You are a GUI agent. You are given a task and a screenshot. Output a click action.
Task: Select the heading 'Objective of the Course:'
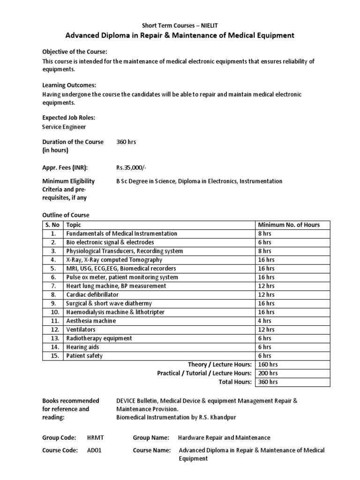[x=75, y=52]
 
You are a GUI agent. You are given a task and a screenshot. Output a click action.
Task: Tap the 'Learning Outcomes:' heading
[x=69, y=85]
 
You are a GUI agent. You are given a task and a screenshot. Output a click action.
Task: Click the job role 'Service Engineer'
[x=64, y=127]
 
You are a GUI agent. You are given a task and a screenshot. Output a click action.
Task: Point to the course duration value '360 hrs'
[x=126, y=142]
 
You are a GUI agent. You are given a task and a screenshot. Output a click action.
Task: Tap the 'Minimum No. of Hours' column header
[x=289, y=225]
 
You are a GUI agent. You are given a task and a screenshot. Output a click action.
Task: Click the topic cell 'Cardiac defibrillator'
[x=92, y=295]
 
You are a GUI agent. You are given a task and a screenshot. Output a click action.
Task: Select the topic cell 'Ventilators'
[x=80, y=330]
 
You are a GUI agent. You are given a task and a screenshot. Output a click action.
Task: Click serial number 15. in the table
[x=54, y=356]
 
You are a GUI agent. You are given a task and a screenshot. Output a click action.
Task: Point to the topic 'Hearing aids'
[x=83, y=347]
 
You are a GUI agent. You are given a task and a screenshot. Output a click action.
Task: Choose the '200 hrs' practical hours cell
[x=268, y=373]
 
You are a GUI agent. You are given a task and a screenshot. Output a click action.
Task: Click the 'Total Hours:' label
[x=236, y=382]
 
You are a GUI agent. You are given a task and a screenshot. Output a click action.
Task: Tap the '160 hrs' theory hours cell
[x=268, y=365]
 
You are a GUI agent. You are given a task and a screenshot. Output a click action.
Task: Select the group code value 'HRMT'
[x=96, y=437]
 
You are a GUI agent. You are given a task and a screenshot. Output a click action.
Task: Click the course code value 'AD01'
[x=94, y=450]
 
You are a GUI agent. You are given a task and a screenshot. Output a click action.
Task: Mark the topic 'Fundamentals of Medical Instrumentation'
[x=122, y=233]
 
